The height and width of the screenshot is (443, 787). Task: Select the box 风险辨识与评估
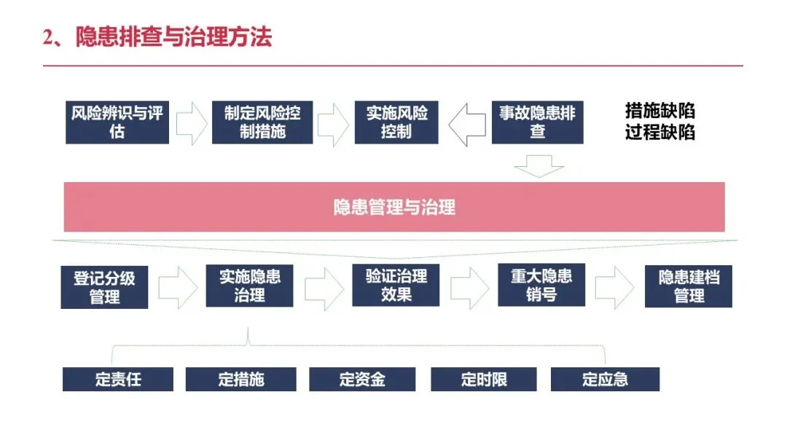[117, 122]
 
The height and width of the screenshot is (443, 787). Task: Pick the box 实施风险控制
[396, 122]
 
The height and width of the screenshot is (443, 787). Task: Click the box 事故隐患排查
[537, 122]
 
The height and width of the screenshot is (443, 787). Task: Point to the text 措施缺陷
[659, 111]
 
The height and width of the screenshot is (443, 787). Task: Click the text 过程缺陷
[659, 133]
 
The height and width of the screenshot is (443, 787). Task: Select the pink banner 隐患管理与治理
[394, 207]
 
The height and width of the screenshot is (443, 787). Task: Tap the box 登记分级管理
[104, 287]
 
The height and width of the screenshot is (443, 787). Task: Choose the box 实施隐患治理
[250, 286]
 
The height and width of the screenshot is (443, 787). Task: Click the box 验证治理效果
[396, 285]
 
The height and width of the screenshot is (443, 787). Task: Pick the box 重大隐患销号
[541, 285]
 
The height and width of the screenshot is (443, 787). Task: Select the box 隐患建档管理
[689, 286]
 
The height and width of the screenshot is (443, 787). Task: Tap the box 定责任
[118, 380]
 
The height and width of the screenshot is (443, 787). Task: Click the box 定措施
[240, 380]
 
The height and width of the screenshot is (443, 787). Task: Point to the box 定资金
[362, 380]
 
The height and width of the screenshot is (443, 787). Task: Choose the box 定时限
[484, 380]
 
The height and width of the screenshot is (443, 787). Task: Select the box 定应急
[605, 380]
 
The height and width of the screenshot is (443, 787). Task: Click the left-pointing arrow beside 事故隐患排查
[466, 125]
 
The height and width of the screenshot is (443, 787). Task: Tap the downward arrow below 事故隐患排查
[539, 167]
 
